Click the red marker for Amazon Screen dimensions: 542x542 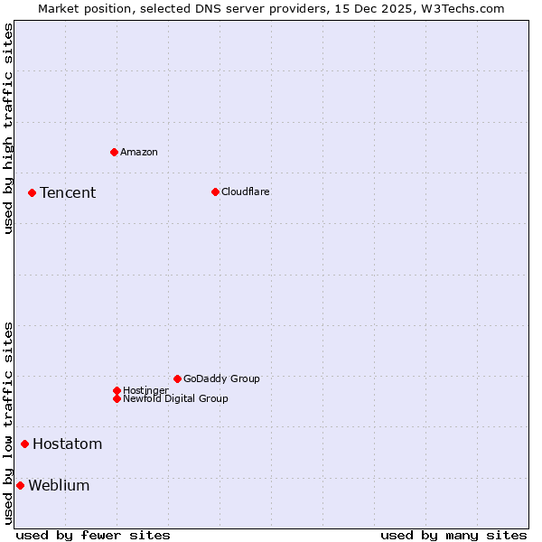pyautogui.click(x=114, y=152)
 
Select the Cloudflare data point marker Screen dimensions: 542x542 pyautogui.click(x=215, y=192)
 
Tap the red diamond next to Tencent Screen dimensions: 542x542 pyautogui.click(x=32, y=192)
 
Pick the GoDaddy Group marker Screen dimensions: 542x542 pyautogui.click(x=177, y=378)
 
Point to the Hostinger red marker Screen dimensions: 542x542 pyautogui.click(x=117, y=390)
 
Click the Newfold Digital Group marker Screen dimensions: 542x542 pyautogui.click(x=117, y=398)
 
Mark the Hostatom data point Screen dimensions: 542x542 pyautogui.click(x=24, y=444)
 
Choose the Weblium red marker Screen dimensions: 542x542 pyautogui.click(x=20, y=485)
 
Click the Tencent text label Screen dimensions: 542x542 pyautogui.click(x=68, y=192)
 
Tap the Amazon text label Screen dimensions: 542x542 pyautogui.click(x=139, y=152)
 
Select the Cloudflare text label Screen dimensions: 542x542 pyautogui.click(x=246, y=192)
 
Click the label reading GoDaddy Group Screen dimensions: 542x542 pyautogui.click(x=221, y=378)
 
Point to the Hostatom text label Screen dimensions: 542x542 pyautogui.click(x=68, y=444)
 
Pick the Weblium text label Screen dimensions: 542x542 pyautogui.click(x=59, y=485)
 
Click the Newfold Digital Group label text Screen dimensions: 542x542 pyautogui.click(x=175, y=398)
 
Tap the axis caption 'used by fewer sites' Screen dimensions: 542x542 pyautogui.click(x=93, y=535)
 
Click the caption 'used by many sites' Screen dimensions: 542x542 pyautogui.click(x=453, y=535)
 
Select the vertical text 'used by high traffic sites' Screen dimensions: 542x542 pyautogui.click(x=8, y=128)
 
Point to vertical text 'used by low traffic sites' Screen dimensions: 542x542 pyautogui.click(x=8, y=423)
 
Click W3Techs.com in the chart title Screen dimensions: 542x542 pyautogui.click(x=462, y=8)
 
